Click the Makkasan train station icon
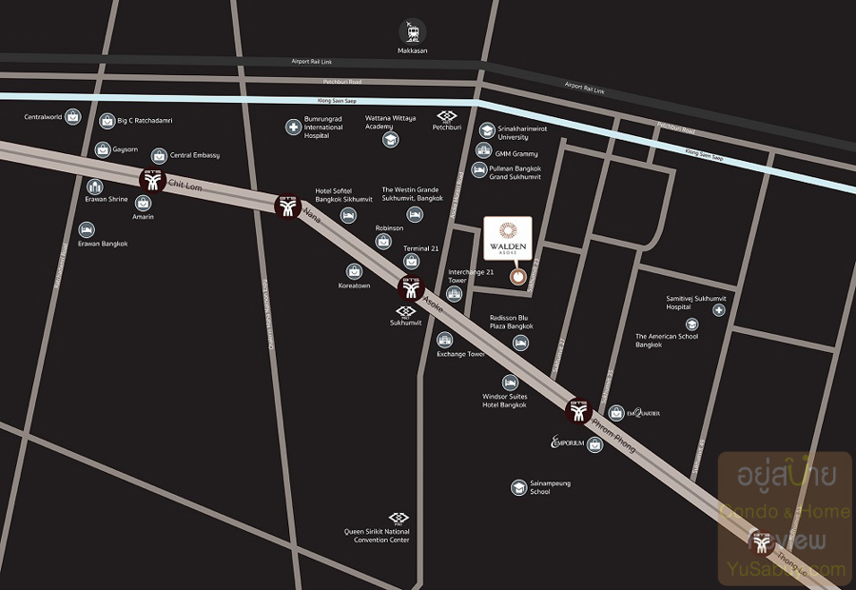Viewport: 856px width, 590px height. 413,30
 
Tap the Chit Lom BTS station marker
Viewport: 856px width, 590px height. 151,179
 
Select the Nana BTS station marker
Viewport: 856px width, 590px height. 286,206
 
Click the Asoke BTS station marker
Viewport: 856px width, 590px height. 411,286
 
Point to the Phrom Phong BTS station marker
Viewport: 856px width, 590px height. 579,412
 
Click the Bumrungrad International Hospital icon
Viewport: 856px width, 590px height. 293,127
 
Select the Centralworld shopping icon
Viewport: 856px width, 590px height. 73,117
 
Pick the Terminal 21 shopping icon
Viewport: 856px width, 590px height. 412,261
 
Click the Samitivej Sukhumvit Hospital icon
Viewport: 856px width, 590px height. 718,310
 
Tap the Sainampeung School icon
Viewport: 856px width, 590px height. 518,487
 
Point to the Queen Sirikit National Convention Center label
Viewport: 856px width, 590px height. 377,536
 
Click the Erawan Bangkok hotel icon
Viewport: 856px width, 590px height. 87,230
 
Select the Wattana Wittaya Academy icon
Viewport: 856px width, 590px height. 390,140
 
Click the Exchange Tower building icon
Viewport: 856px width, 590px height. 445,340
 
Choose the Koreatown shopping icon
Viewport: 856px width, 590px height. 354,271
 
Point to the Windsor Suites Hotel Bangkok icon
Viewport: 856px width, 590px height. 510,382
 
